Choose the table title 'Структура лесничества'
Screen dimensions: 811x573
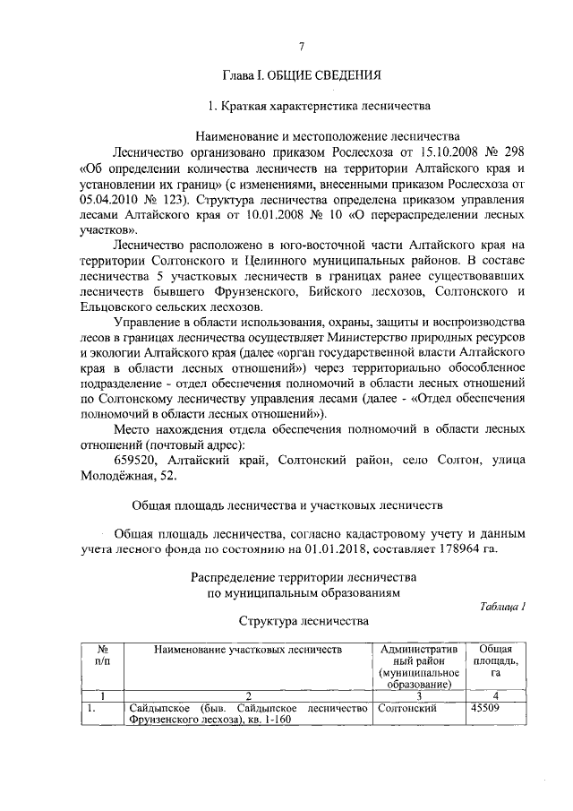[x=302, y=620]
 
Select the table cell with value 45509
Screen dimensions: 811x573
[x=487, y=708]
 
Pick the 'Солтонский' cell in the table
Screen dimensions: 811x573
[x=407, y=708]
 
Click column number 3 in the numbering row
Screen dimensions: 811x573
[x=419, y=695]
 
